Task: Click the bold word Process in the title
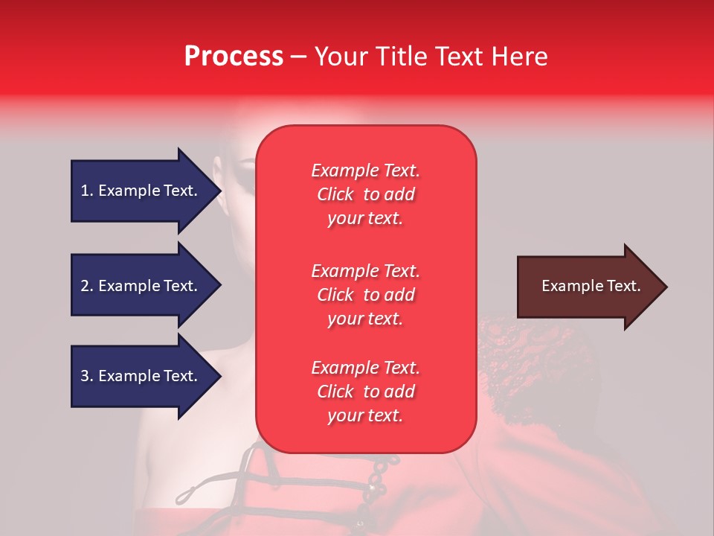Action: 234,57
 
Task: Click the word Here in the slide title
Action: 519,57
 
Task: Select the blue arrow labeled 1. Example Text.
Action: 146,191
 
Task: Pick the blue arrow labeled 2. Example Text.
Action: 146,285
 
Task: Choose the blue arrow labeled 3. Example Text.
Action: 146,376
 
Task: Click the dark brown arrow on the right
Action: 592,287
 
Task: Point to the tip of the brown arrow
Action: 667,287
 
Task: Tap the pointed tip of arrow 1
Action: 222,191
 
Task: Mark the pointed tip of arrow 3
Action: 222,376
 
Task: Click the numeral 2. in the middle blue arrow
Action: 88,286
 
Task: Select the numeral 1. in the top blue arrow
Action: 88,191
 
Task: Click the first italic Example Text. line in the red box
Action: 366,170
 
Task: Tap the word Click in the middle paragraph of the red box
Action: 335,295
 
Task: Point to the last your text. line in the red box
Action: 365,415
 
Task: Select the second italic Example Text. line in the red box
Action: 366,271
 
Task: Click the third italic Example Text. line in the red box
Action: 366,367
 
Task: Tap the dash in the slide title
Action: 299,57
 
